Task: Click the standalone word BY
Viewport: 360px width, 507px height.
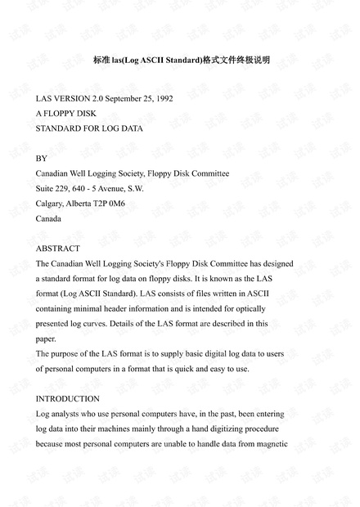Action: (42, 158)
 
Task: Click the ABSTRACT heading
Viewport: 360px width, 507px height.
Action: (58, 248)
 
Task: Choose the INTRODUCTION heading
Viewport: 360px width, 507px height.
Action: (68, 398)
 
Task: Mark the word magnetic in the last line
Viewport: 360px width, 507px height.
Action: (271, 444)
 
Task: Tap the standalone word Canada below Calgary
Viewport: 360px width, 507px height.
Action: (48, 218)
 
